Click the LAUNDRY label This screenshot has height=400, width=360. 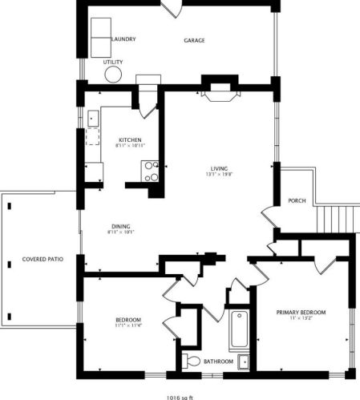122,38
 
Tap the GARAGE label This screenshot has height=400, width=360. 195,39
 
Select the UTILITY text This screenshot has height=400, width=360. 113,62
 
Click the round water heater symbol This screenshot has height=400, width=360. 113,75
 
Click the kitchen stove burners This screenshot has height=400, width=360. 150,170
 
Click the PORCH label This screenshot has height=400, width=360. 295,200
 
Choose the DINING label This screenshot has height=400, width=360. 121,226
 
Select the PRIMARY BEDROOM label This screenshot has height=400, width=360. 301,312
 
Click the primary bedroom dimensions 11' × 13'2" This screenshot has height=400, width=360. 301,319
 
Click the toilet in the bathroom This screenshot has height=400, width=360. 190,362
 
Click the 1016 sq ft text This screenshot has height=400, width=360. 180,395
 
